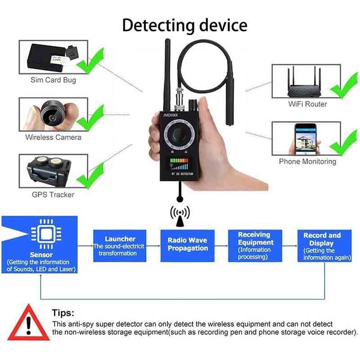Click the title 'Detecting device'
click(x=184, y=26)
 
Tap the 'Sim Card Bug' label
click(x=53, y=80)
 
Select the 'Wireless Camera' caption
click(x=53, y=137)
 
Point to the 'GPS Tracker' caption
click(x=53, y=195)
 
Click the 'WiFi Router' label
click(x=308, y=104)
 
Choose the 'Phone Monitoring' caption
click(x=307, y=162)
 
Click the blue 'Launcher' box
click(x=120, y=246)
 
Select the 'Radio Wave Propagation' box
click(x=187, y=246)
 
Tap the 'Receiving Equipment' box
click(x=255, y=246)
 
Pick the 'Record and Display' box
click(x=324, y=246)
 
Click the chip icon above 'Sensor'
click(x=46, y=234)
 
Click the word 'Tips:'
click(x=63, y=313)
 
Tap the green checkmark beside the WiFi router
click(x=344, y=85)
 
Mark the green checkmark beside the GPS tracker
click(x=90, y=175)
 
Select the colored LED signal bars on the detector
click(x=179, y=164)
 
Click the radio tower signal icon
click(x=180, y=216)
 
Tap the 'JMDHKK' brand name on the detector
click(x=171, y=115)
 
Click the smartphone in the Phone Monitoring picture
click(x=305, y=139)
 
